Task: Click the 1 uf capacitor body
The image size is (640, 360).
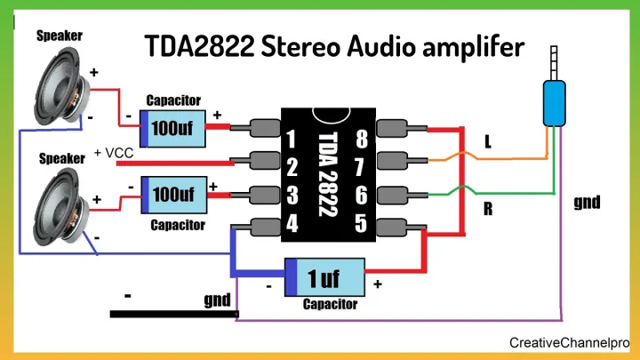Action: [325, 278]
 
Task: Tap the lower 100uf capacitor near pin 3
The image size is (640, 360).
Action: [175, 194]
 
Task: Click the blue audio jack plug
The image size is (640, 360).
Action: [554, 101]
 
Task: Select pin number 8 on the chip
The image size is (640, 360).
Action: [360, 140]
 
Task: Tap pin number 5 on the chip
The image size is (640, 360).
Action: [360, 222]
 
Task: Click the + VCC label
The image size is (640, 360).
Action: [113, 154]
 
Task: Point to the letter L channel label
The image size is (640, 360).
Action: [488, 142]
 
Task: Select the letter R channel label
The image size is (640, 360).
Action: [488, 210]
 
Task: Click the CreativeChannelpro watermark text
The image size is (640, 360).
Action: [569, 342]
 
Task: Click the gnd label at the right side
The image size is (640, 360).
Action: [587, 203]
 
